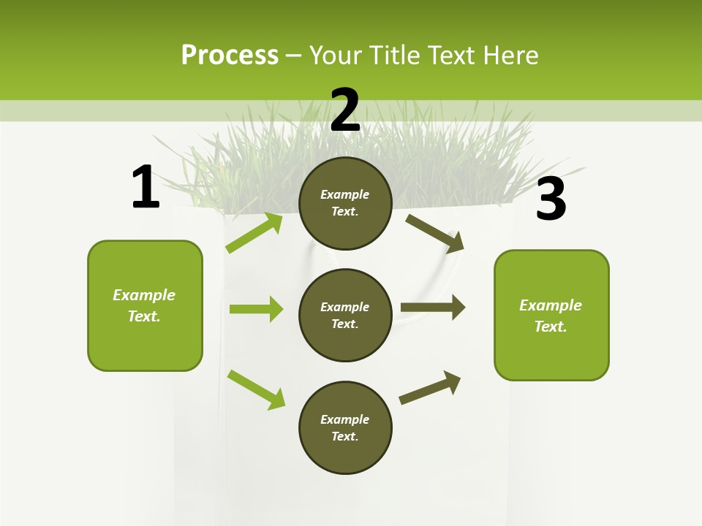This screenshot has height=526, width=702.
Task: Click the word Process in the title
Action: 230,56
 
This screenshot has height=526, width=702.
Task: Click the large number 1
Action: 146,188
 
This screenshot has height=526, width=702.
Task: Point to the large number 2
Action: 345,110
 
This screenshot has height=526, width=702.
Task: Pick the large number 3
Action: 551,199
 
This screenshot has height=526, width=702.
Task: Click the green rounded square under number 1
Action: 145,305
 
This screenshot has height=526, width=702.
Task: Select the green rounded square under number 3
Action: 551,315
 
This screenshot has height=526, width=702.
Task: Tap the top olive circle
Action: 345,203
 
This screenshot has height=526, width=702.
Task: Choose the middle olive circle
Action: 345,315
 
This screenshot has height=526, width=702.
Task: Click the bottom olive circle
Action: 345,427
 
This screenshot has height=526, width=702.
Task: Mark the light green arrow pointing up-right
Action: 254,233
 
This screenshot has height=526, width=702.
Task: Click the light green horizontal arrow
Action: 256,309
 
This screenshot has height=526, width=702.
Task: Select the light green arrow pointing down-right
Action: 256,389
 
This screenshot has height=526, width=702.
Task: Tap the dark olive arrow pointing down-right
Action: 435,234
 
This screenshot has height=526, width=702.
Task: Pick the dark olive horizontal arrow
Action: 433,308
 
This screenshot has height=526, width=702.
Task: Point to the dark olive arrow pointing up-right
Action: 430,387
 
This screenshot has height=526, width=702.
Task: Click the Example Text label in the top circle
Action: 345,203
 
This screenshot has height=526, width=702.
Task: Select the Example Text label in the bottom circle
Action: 345,428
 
